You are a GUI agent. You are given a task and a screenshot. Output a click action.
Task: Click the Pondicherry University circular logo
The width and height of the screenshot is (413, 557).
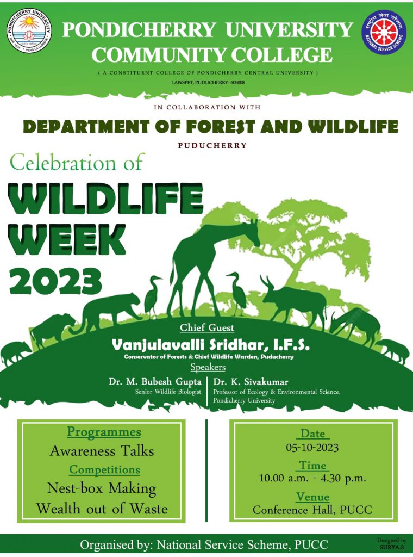[29, 31]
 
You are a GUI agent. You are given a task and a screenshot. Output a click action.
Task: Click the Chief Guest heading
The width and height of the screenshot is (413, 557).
[207, 327]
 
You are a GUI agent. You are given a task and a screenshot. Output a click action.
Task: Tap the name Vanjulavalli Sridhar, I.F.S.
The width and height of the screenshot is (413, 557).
[210, 344]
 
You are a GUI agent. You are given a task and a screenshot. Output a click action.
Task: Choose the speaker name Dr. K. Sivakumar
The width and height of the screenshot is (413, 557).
[251, 382]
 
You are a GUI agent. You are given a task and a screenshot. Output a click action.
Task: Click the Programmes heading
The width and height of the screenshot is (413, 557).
[104, 432]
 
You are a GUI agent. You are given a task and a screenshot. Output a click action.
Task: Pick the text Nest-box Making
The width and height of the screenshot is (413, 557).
[102, 488]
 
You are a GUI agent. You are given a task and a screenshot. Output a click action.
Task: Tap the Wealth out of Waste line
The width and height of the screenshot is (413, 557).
[102, 509]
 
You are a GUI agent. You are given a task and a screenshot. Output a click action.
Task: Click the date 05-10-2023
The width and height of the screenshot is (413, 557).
[312, 447]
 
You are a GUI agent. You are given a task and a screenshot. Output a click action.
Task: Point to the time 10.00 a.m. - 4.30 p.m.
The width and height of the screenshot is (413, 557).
[312, 478]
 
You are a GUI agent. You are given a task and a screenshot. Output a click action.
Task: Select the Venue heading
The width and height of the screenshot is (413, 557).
[312, 497]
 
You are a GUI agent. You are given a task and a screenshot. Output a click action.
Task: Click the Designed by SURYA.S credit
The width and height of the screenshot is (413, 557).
[392, 543]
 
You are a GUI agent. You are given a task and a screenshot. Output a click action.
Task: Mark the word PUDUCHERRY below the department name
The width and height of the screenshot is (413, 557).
[212, 145]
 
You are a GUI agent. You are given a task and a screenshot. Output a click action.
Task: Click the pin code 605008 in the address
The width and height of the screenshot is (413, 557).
[236, 83]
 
